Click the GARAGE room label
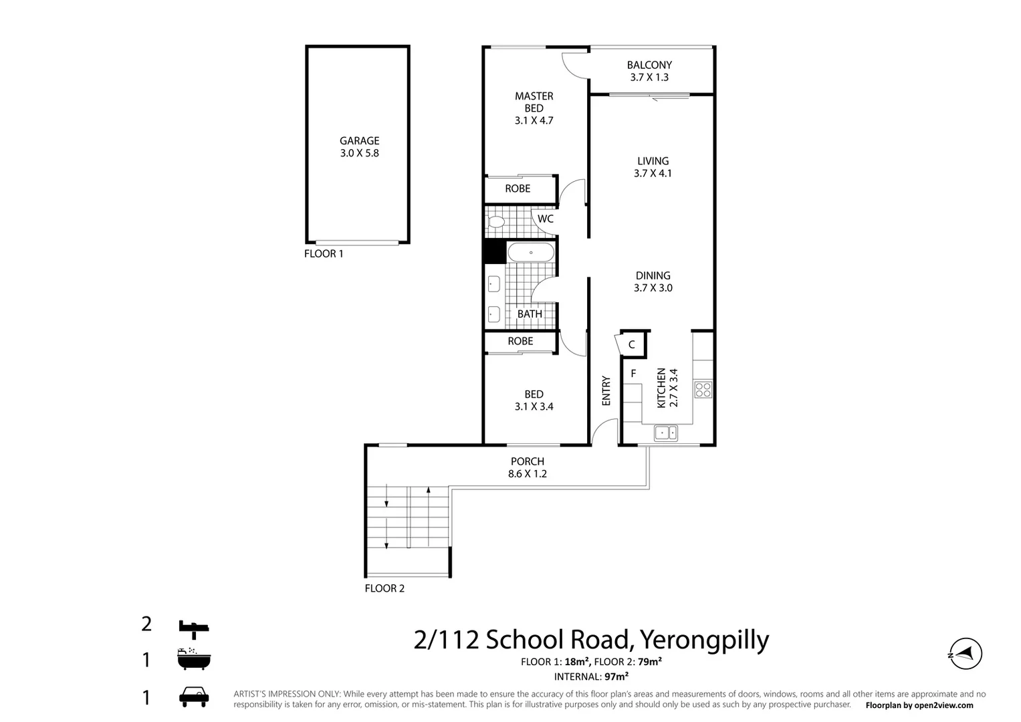(x=359, y=146)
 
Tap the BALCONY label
(x=649, y=71)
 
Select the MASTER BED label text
(x=534, y=108)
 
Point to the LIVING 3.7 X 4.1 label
(x=653, y=167)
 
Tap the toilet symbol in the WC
(x=496, y=222)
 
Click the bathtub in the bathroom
(x=530, y=253)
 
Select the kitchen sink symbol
(x=665, y=433)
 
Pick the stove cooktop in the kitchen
(x=703, y=389)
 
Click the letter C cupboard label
(x=631, y=345)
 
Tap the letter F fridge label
(x=633, y=374)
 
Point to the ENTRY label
(x=606, y=391)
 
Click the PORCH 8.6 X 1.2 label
(x=527, y=467)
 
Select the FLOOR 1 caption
(x=324, y=254)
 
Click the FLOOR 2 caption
(x=384, y=588)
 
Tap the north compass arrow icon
(x=966, y=653)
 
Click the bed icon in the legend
(x=194, y=626)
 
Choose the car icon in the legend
(x=194, y=697)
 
